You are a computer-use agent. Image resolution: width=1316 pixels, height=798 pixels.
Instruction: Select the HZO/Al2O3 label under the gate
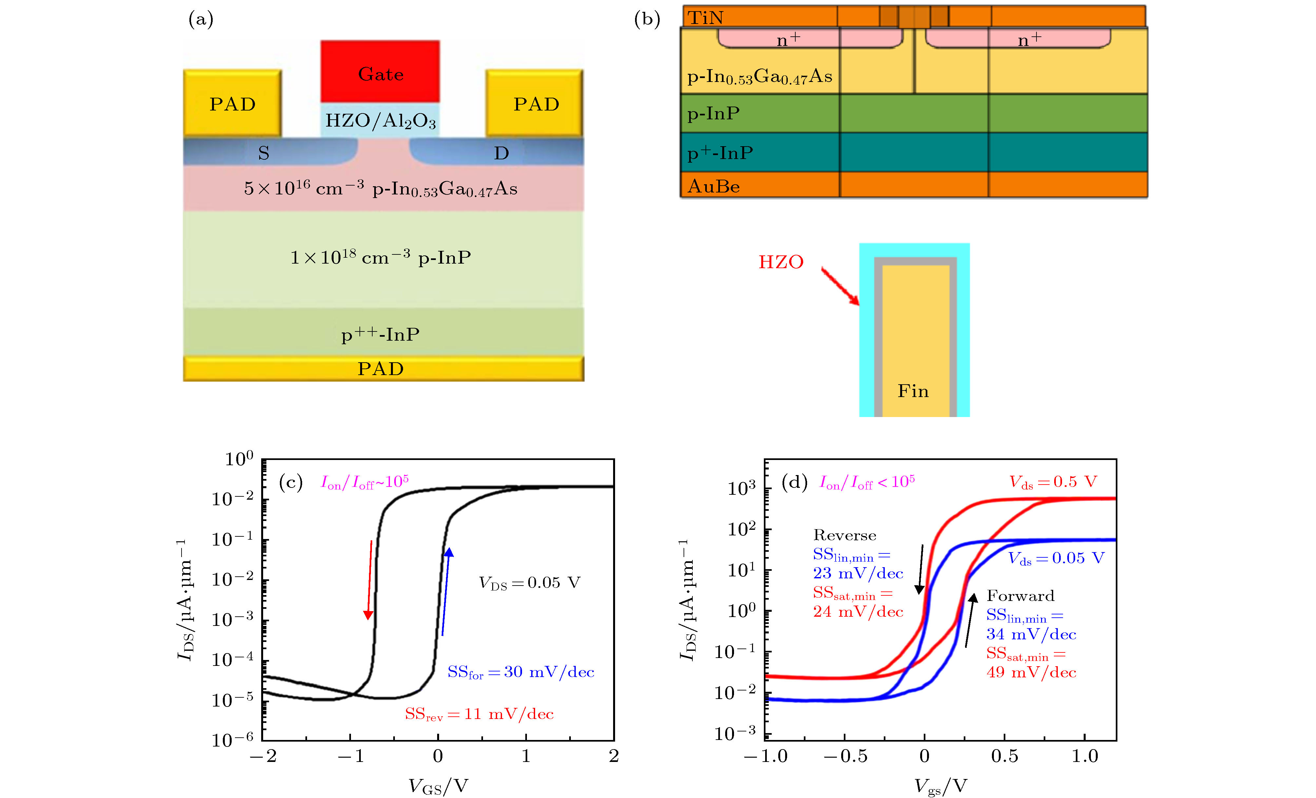point(380,121)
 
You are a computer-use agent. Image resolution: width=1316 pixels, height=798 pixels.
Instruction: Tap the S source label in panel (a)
point(263,153)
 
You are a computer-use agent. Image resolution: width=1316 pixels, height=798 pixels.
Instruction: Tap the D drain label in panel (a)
point(501,153)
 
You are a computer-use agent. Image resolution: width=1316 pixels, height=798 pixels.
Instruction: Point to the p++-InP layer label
point(380,335)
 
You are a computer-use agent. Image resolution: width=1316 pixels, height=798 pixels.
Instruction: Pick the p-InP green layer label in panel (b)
point(714,114)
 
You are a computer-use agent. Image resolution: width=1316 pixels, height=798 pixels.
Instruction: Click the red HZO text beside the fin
point(781,262)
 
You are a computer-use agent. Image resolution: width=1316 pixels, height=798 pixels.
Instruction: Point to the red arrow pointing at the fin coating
point(840,286)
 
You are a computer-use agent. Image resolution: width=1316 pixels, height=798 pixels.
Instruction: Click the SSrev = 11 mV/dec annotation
point(479,714)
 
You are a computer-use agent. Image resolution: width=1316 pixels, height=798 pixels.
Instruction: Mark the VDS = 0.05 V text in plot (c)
point(529,583)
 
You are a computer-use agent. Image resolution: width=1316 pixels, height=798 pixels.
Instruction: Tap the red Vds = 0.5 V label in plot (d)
point(1053,482)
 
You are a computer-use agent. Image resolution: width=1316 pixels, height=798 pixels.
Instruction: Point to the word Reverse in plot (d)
point(844,536)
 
